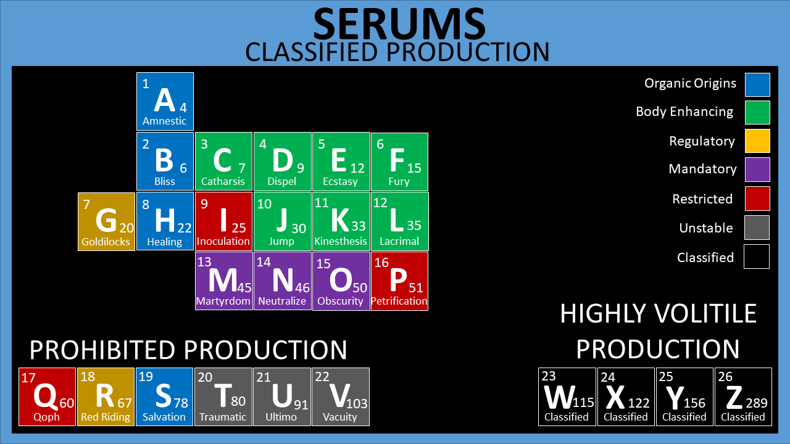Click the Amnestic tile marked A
point(165,101)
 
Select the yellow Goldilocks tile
point(106,221)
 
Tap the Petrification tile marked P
point(399,281)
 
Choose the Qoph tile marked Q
point(47,397)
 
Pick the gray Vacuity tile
point(340,397)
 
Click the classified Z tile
point(743,397)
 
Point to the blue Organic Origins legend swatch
point(757,85)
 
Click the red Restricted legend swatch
point(757,199)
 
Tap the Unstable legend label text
point(706,228)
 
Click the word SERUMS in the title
point(399,25)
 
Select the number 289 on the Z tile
point(756,403)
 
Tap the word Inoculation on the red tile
point(223,241)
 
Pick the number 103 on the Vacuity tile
point(357,404)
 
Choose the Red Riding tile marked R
point(106,397)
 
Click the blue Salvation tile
point(164,397)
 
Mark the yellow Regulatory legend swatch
point(757,141)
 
